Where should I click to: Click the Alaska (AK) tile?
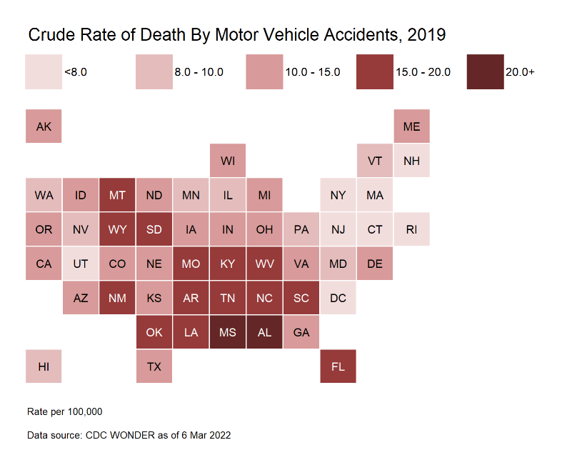[44, 126]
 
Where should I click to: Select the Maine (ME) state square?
[411, 126]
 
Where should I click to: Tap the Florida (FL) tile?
[338, 366]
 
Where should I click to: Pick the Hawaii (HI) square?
[44, 366]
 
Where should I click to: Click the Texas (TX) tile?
[154, 366]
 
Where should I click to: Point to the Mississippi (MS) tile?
[228, 332]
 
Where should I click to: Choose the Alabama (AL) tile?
[264, 332]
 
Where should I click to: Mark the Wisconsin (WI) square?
[228, 161]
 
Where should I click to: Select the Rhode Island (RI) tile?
[411, 229]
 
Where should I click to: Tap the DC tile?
[338, 298]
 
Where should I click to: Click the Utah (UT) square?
[81, 264]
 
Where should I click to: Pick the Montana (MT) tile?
[117, 195]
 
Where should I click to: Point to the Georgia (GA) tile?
[301, 332]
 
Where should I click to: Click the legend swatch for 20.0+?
[485, 72]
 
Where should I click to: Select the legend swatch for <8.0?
[44, 72]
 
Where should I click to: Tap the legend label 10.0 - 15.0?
[313, 72]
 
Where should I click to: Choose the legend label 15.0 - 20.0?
[423, 72]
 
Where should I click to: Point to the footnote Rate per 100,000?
[65, 412]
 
